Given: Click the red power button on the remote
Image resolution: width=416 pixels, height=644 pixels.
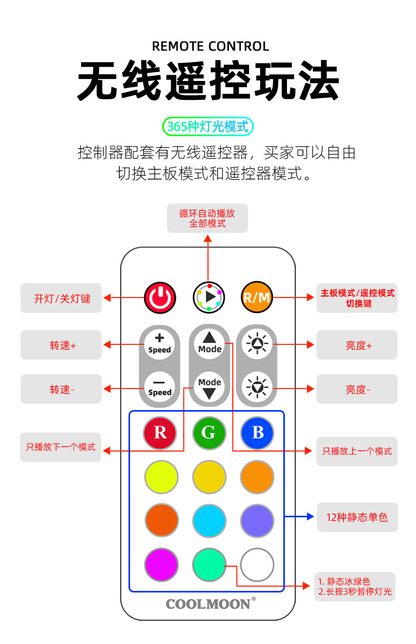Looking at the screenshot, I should [x=160, y=298].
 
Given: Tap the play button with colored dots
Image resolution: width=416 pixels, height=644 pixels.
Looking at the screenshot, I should [x=209, y=298].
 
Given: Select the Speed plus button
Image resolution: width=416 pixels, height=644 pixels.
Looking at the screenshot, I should [x=160, y=344].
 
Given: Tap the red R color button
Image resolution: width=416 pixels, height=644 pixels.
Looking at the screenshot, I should [x=160, y=433].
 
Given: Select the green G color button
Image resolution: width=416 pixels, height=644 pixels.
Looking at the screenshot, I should [x=209, y=433].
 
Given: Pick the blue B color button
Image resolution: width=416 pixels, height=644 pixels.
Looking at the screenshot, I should [x=257, y=433].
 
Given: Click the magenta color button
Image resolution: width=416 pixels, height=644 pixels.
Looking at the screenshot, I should [x=161, y=565].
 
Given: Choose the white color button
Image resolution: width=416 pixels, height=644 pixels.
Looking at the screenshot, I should [x=257, y=565].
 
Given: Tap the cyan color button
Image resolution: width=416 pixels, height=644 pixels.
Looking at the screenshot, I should [x=209, y=521].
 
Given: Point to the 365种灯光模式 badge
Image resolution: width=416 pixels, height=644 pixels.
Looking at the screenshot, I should [x=208, y=127].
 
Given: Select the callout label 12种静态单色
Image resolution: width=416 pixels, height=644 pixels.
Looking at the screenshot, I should [x=357, y=517].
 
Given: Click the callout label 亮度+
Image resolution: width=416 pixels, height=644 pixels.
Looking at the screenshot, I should [x=357, y=345].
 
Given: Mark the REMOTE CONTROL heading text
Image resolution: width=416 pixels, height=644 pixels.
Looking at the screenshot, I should [x=210, y=46].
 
